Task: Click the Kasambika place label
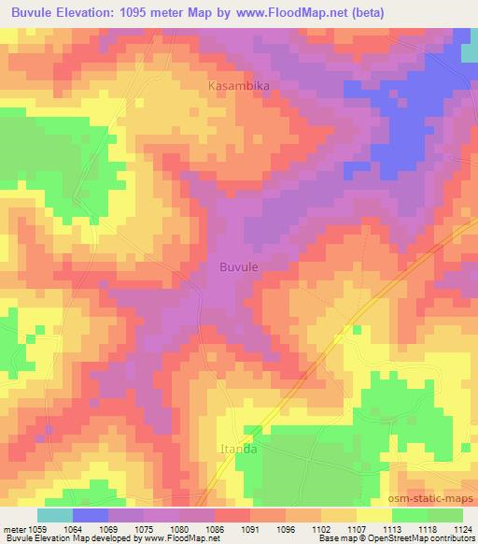[x=238, y=86]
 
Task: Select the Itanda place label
[x=238, y=449]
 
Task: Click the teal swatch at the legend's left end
[x=54, y=515]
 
